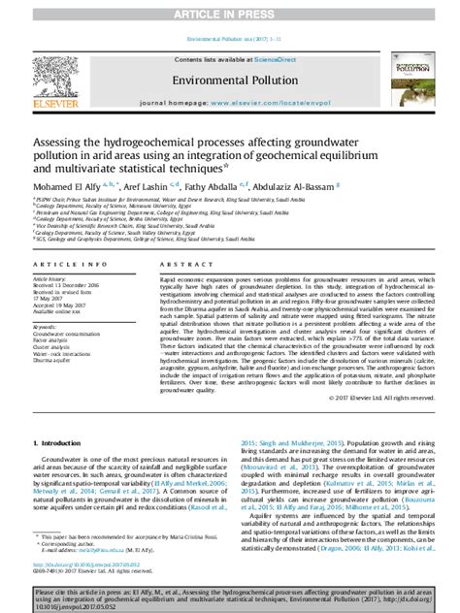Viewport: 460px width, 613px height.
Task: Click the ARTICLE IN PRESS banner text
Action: click(x=230, y=14)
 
